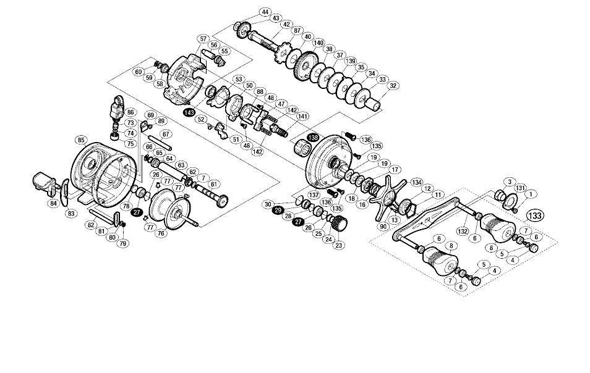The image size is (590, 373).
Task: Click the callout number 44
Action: pos(265,12)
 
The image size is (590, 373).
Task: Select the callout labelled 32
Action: pos(393,86)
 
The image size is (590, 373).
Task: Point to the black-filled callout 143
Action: pos(189,112)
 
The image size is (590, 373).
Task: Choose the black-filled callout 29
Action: pos(278,211)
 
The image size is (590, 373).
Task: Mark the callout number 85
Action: pos(80,140)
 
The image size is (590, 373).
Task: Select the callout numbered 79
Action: pos(123,243)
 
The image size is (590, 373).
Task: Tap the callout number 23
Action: pos(338,245)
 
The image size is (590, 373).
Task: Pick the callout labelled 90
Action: pos(383,227)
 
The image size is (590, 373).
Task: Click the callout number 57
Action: pos(203,38)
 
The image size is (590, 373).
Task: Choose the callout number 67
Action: pos(165,134)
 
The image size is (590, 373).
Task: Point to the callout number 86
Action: pos(130,113)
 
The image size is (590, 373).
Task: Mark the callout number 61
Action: pos(214,184)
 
